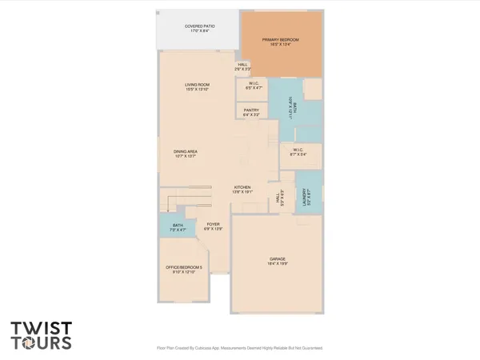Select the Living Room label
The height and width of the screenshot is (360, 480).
(197, 85)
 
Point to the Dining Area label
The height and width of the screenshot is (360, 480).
(186, 151)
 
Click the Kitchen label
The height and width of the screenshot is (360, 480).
(242, 188)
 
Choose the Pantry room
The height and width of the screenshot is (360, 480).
(251, 111)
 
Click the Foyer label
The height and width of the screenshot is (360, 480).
(213, 224)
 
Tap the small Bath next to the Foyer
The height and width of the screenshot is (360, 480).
(178, 226)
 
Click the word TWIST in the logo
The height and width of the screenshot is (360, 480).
(40, 328)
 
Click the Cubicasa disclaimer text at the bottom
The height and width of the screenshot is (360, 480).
(239, 348)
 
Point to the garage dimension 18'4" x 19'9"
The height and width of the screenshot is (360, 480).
(278, 262)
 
